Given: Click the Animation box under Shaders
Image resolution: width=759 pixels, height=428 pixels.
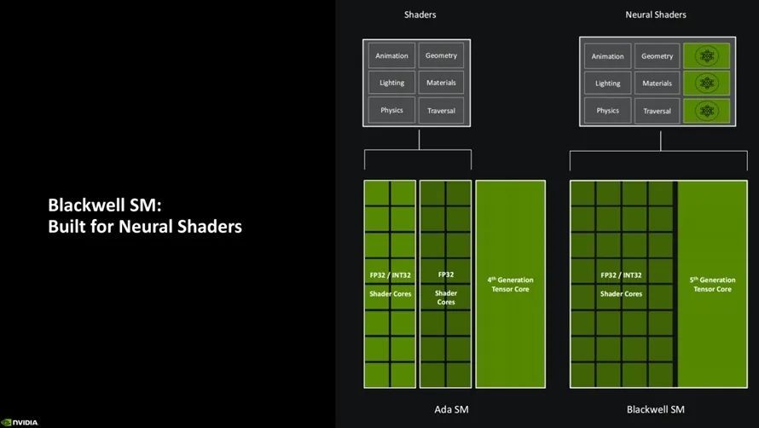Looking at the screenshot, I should coord(391,56).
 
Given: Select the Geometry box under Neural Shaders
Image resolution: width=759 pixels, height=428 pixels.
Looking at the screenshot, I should coord(658,56).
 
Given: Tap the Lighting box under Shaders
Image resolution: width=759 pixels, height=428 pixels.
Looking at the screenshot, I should coord(391,84).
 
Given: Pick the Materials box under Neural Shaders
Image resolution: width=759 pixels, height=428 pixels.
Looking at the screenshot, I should coord(658,84).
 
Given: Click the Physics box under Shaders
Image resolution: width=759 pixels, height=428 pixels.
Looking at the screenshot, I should coord(391,110).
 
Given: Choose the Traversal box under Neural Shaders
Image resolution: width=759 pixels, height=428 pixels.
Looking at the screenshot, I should coord(658,111).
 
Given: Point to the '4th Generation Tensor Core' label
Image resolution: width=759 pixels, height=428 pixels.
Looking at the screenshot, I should coord(510,284).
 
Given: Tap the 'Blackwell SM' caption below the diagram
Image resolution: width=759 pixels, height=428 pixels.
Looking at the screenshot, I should coord(655,409).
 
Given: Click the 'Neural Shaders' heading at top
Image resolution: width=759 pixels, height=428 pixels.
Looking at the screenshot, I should coord(655,14).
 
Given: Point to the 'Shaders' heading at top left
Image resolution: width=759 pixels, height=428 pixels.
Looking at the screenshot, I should coord(419,14).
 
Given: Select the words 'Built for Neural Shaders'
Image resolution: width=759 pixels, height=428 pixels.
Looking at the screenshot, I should coord(145,227).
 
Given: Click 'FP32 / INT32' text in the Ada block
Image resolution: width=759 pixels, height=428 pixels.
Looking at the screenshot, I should coord(390,275).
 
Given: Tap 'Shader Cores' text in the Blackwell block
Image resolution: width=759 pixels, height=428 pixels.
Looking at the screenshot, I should coord(621,294).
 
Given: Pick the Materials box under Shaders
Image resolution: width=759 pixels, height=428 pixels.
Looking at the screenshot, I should coord(441,84).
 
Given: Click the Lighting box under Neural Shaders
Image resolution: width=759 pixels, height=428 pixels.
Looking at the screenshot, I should coord(607,84).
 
